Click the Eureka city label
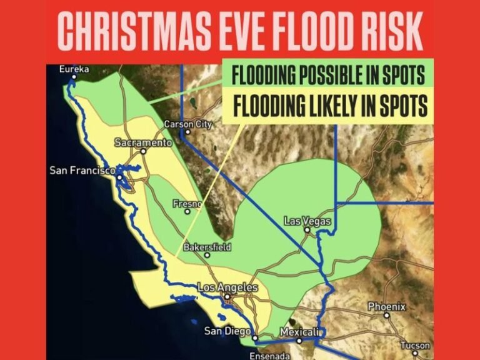pos(74,69)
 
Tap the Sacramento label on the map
pos(143,142)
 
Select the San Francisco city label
pos(82,170)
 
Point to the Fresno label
pos(187,203)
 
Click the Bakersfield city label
pos(207,247)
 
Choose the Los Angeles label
pos(227,287)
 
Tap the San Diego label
pos(228,331)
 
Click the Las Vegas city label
pos(307,221)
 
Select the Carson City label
pos(188,124)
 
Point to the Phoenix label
pos(386,306)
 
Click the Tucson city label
pos(415,345)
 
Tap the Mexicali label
pos(300,331)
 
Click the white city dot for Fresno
pos(187,212)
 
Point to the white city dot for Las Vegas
pos(307,230)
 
